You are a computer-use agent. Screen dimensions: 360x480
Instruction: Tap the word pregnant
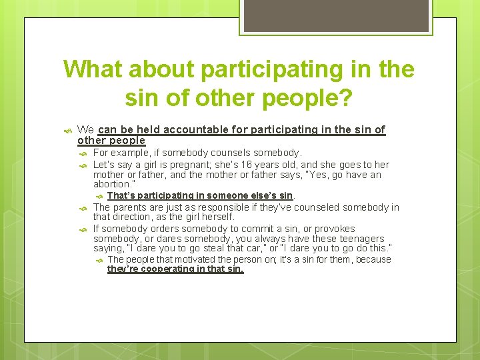point(173,165)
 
